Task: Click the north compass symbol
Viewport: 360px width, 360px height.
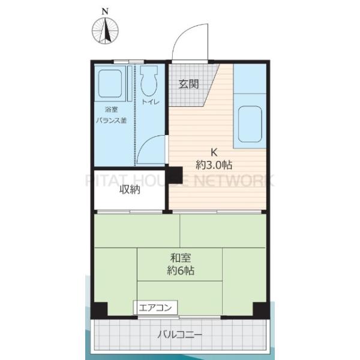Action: (105, 31)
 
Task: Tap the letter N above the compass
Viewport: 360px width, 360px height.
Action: (105, 11)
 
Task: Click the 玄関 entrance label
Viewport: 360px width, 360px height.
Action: (189, 84)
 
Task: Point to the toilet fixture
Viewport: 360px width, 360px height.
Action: (149, 80)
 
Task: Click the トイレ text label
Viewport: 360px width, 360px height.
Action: (151, 102)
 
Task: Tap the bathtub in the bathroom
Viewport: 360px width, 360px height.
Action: (110, 83)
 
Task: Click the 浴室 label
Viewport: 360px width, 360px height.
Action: (112, 109)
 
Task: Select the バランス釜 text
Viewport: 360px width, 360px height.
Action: (112, 120)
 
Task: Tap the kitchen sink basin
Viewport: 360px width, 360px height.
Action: (250, 124)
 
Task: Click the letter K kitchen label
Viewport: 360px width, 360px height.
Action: (214, 152)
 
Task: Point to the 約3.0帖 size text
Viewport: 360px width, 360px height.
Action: (214, 165)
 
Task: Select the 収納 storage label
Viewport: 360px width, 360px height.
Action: (130, 190)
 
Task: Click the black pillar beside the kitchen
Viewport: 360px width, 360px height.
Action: (175, 175)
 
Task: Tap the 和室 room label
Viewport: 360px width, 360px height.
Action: (181, 258)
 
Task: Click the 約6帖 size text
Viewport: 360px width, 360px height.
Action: (181, 271)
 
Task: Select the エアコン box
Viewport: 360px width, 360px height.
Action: (155, 307)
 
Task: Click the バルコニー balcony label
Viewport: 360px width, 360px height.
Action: (180, 335)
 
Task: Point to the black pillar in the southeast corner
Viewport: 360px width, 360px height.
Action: (261, 310)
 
